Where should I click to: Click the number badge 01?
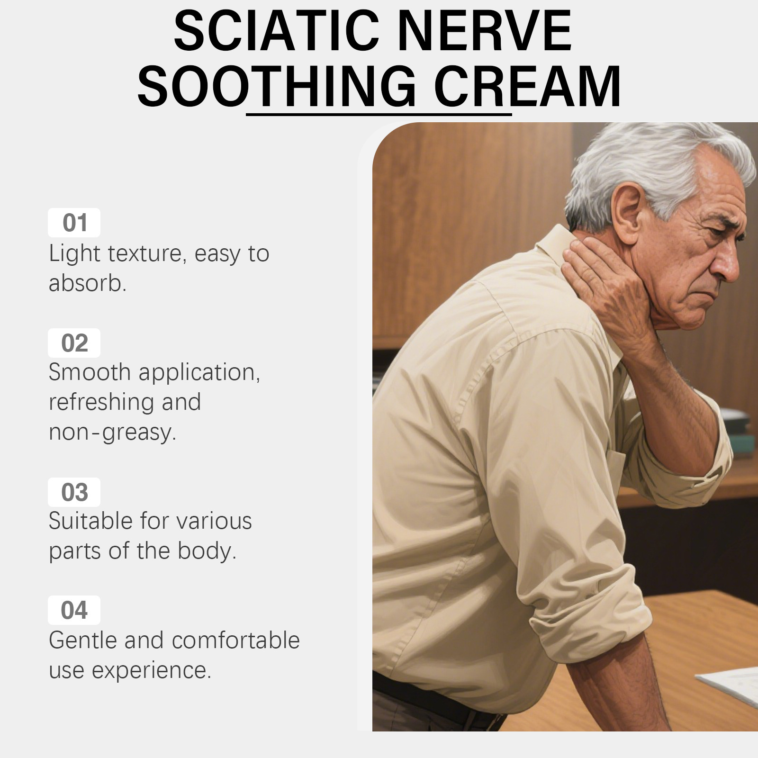pyautogui.click(x=74, y=223)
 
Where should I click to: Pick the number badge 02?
pyautogui.click(x=74, y=343)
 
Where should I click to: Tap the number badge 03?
pyautogui.click(x=74, y=492)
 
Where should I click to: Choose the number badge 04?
pyautogui.click(x=74, y=610)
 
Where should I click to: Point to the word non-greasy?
pyautogui.click(x=112, y=432)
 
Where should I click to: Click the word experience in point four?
pyautogui.click(x=151, y=671)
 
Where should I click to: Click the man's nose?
pyautogui.click(x=725, y=265)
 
